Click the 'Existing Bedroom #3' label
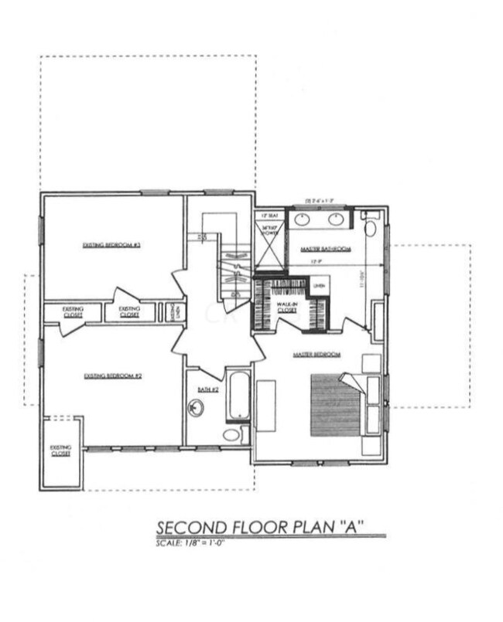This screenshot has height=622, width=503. coord(110,246)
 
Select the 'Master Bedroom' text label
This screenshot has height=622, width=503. coord(317,355)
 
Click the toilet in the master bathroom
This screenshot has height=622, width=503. coord(369,226)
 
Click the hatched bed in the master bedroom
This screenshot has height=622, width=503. coord(336,406)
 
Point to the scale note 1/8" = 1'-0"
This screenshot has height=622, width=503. coord(190,543)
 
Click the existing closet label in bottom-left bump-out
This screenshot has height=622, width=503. coord(60,450)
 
